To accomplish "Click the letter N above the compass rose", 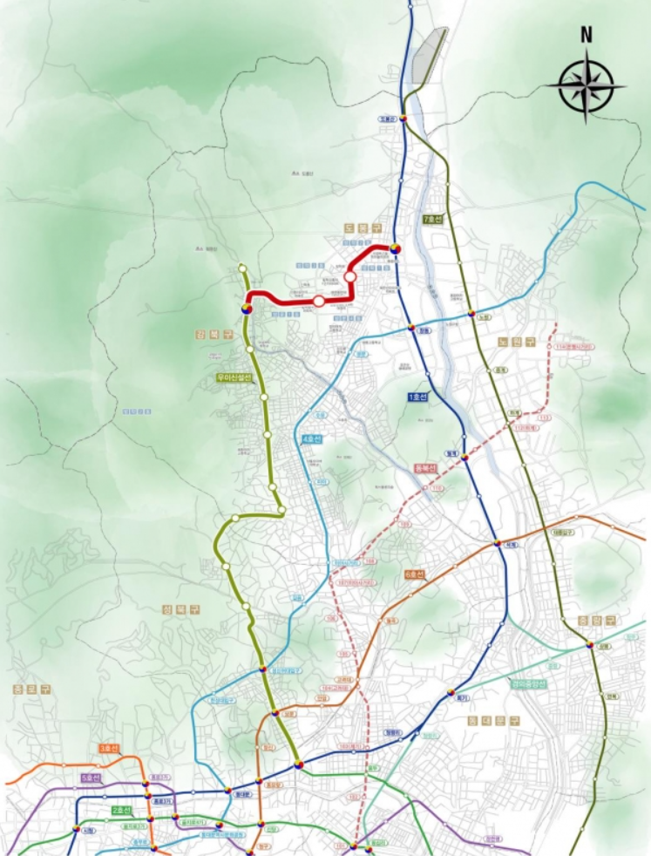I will point(587,36).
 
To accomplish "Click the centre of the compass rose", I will point(587,85).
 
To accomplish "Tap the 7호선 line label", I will point(432,219).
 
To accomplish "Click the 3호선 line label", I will point(109,748).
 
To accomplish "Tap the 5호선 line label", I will point(91,777).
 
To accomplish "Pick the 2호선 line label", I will point(122,811).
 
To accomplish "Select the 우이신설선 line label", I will point(234,378).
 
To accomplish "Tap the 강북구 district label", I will point(209,334).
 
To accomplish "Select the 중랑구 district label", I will point(597,620).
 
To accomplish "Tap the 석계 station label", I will point(512,545).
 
